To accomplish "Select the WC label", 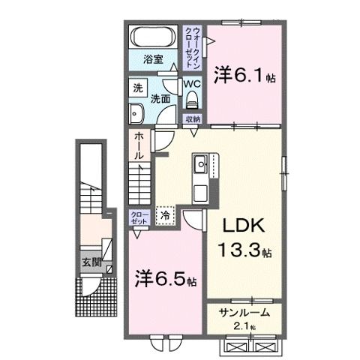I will point(192,85).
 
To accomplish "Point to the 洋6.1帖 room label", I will point(241,74).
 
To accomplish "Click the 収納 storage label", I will point(193,118).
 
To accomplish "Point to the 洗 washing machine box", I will point(137,87).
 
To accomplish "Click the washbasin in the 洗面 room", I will point(138,113).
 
